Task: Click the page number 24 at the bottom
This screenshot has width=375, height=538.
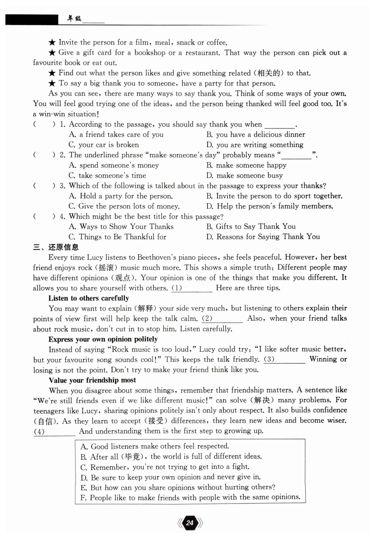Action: pos(190,523)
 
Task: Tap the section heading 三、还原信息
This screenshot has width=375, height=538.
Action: pos(56,247)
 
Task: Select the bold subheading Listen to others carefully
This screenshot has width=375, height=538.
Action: pos(89,298)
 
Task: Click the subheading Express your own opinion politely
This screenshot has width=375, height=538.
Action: pos(103,339)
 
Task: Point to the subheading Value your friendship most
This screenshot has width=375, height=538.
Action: pos(92,380)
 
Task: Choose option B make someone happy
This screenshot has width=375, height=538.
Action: pos(246,165)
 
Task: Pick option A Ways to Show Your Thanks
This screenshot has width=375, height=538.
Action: pos(121,227)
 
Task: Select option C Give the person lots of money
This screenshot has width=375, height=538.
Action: pos(124,206)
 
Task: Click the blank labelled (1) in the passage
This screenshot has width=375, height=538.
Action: pos(192,288)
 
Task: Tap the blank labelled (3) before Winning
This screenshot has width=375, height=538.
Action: pos(284,359)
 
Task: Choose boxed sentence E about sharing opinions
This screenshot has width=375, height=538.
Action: pos(178,487)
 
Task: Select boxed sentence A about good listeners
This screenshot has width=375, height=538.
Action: pos(155,446)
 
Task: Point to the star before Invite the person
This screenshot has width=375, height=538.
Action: pos(52,42)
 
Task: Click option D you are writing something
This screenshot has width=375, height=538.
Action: pos(255,145)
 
